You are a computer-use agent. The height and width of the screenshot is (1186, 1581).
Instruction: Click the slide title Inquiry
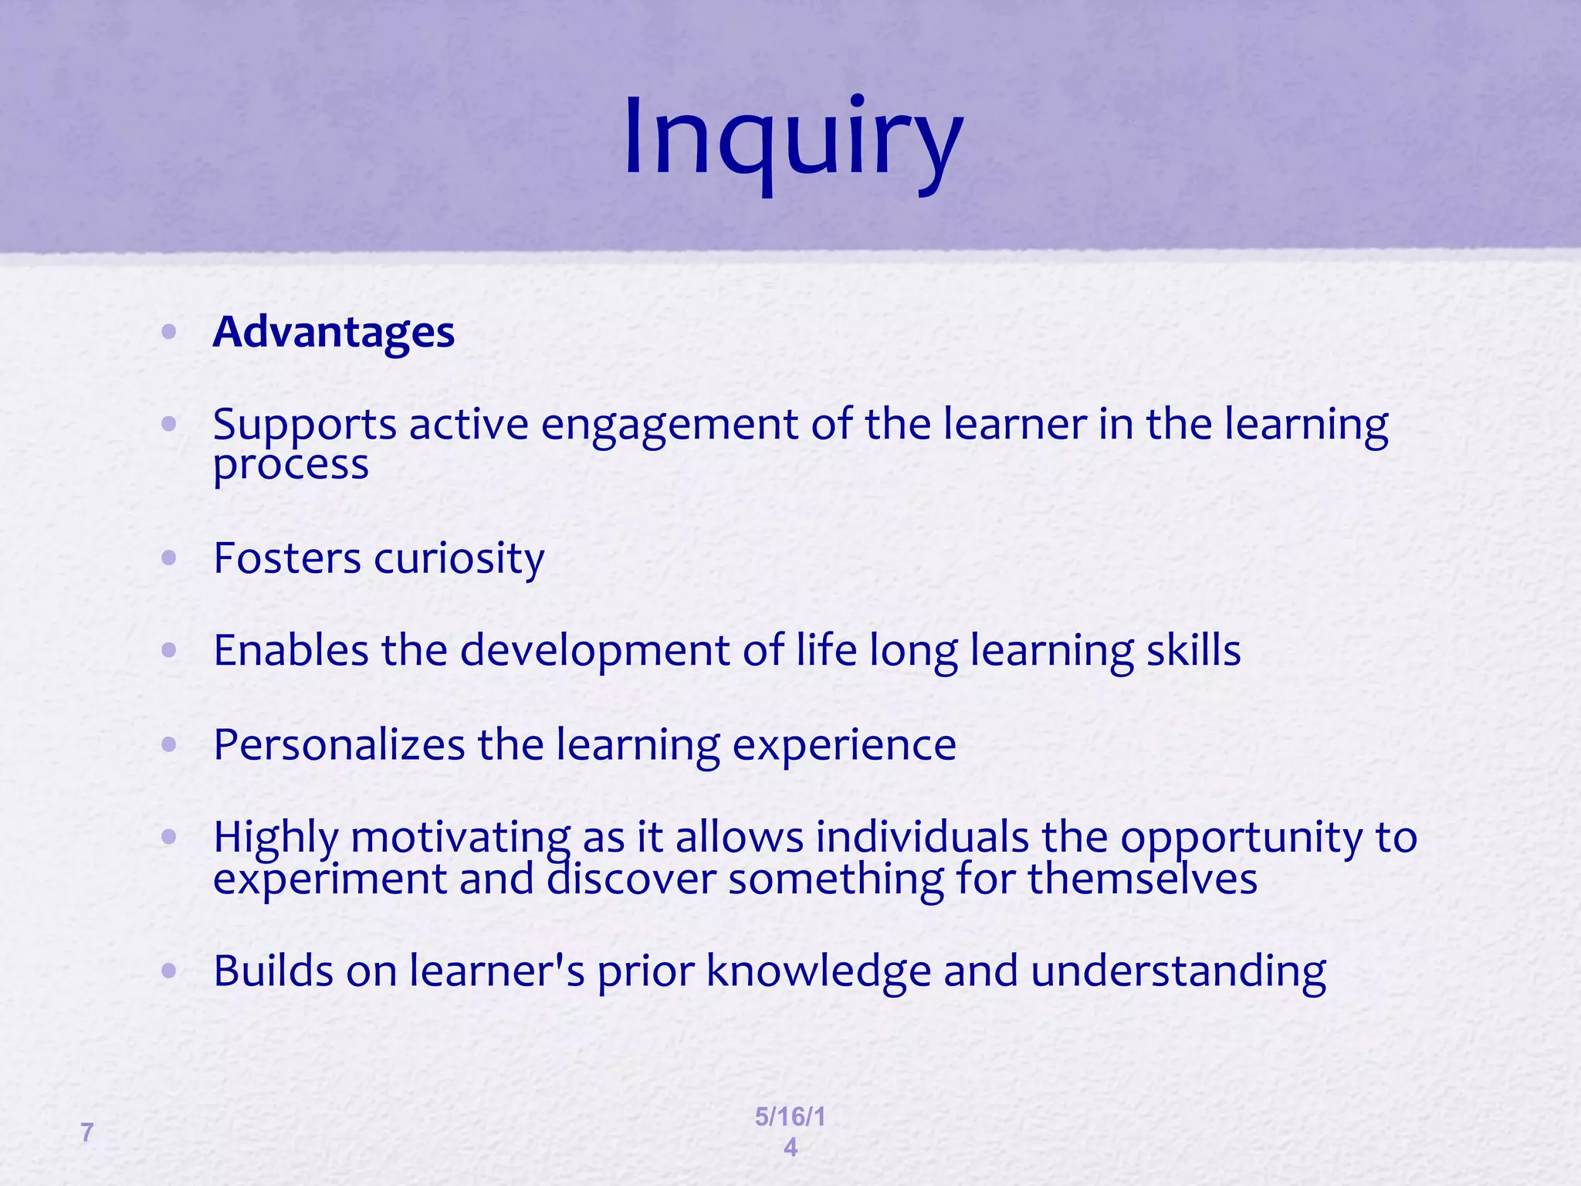pos(792,139)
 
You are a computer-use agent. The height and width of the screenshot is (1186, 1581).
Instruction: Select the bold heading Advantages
pos(333,332)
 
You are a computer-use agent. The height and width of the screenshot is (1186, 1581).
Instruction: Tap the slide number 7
pos(87,1133)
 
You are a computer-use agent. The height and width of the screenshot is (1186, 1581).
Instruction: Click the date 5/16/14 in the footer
pos(790,1131)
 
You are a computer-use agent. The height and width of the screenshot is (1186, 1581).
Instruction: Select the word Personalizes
pos(339,745)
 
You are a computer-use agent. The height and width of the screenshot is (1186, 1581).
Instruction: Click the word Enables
pos(291,650)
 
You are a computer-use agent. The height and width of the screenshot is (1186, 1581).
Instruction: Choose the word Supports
pos(304,426)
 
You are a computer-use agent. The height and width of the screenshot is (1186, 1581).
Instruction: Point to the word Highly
pos(276,838)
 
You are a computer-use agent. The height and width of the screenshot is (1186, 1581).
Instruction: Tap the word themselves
pos(1143,879)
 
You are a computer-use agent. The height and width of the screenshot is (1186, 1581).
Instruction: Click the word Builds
pos(273,971)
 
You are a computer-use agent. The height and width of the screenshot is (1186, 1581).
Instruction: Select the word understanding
pos(1178,972)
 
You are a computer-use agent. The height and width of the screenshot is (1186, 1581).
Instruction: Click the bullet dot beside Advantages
pos(169,333)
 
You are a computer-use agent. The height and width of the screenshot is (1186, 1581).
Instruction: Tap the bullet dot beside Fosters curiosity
pos(169,558)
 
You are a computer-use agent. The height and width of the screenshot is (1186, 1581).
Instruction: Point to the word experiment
pos(330,880)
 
